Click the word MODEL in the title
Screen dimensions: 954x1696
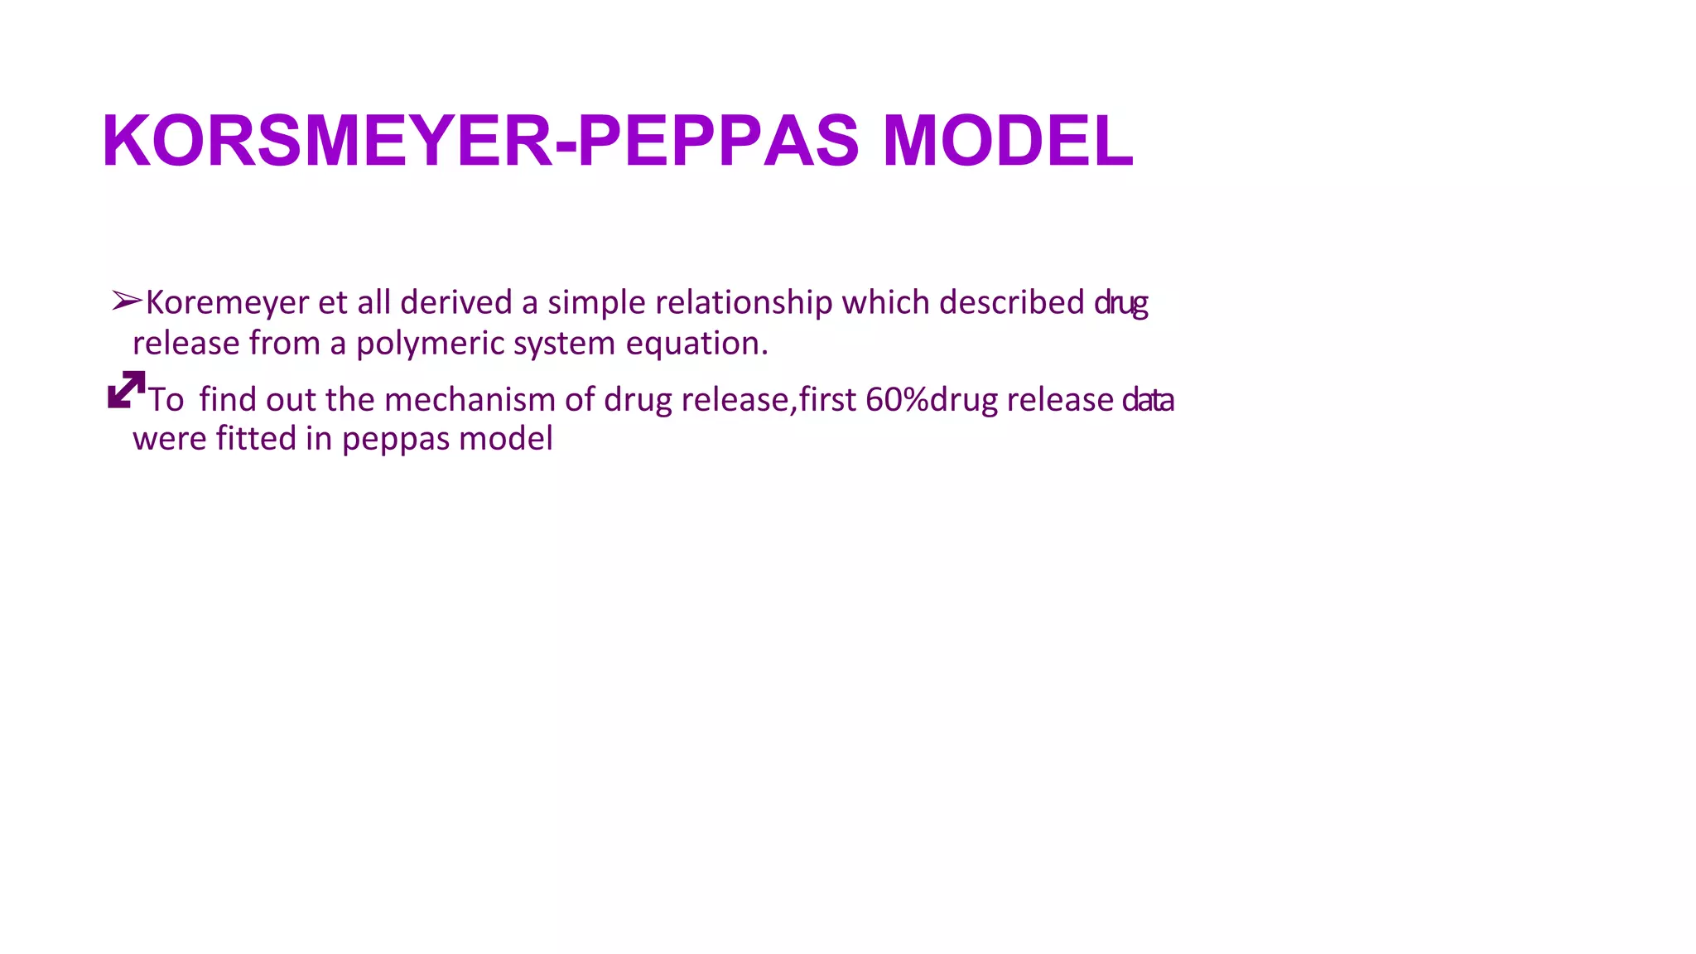pyautogui.click(x=1007, y=141)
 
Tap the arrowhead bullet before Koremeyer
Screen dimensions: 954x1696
pyautogui.click(x=128, y=301)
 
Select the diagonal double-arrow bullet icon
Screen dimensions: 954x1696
pyautogui.click(x=127, y=390)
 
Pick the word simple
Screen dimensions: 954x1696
pyautogui.click(x=596, y=303)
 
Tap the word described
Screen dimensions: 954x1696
pyautogui.click(x=1011, y=302)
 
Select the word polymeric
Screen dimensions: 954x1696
pyautogui.click(x=431, y=344)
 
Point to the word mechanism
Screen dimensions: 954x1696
pyautogui.click(x=470, y=400)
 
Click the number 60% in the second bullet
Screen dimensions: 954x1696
pyautogui.click(x=897, y=400)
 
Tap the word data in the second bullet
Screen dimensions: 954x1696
pyautogui.click(x=1148, y=400)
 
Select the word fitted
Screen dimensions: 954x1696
pyautogui.click(x=256, y=439)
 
